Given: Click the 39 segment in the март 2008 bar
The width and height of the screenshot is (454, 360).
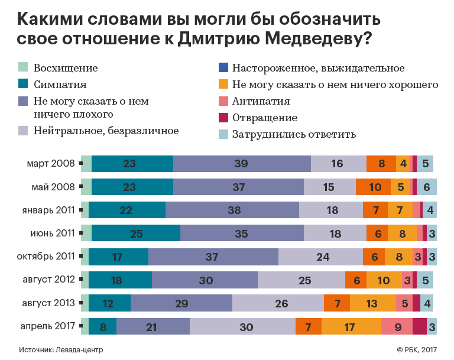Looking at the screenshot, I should [x=242, y=164].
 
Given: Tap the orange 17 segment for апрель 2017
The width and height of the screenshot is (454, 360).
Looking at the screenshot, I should [x=351, y=326].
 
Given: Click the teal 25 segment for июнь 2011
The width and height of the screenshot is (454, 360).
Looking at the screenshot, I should [x=136, y=233].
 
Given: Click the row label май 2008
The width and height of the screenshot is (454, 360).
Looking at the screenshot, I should [x=53, y=187].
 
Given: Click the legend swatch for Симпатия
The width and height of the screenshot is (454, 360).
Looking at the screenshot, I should [x=24, y=85].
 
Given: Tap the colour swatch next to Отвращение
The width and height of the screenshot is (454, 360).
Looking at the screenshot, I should [x=223, y=118].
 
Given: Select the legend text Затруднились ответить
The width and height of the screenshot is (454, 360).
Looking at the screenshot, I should [x=294, y=134].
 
